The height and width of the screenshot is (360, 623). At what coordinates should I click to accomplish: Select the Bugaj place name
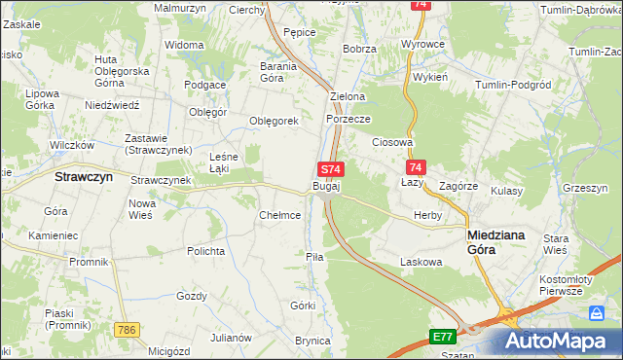[326, 186]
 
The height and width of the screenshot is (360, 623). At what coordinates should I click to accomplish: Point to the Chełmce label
[279, 215]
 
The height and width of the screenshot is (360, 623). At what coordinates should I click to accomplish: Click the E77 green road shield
[443, 337]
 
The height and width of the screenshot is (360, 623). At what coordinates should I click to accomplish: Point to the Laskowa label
[421, 262]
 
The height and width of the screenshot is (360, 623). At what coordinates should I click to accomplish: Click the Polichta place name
[205, 250]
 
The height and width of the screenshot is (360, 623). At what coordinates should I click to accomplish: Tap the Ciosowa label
[393, 142]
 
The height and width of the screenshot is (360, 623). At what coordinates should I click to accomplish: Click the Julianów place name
[232, 338]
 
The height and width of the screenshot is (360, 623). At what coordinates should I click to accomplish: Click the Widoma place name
[184, 45]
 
